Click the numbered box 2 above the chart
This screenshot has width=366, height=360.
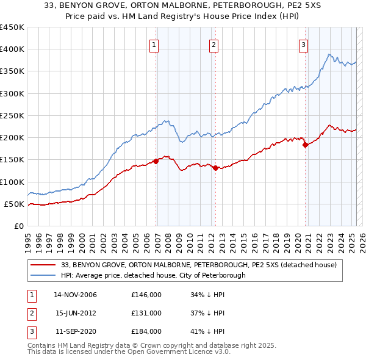click(x=213, y=43)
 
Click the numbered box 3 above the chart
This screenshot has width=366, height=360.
click(x=303, y=43)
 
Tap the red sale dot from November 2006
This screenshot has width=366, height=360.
click(x=156, y=161)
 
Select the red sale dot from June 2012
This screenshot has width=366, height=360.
click(x=215, y=168)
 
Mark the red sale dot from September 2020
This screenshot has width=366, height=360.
click(x=305, y=145)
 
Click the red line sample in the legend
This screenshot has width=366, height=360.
click(x=43, y=265)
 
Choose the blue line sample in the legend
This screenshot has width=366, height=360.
click(x=43, y=275)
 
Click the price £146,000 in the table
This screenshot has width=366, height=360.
click(x=146, y=295)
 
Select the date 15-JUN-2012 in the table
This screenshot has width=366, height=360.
click(x=76, y=313)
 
